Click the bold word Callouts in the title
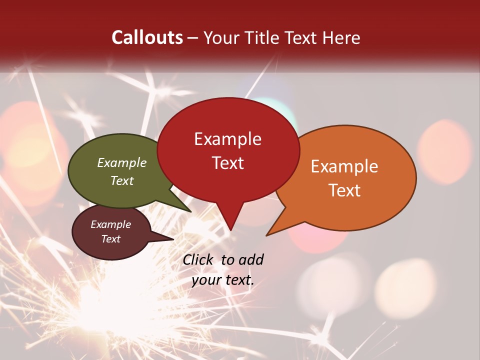(x=147, y=37)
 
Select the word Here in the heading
(x=341, y=37)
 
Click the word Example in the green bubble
(x=122, y=163)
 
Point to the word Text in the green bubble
(x=122, y=180)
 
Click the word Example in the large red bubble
(x=227, y=139)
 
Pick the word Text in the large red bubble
(x=227, y=163)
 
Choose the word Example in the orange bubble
(x=344, y=166)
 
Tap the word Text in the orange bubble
(x=344, y=190)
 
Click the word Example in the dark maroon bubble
(x=111, y=224)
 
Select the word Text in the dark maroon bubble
(x=111, y=239)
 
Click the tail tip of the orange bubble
(x=267, y=235)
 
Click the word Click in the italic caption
(x=198, y=259)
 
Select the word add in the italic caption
(x=251, y=259)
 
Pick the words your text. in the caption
(x=223, y=280)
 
